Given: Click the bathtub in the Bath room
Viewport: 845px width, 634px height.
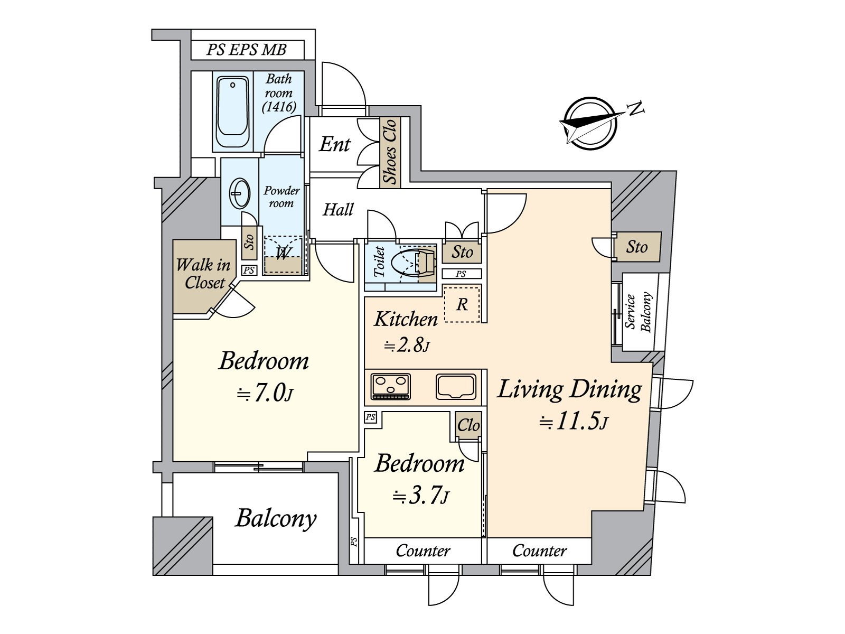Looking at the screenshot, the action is [x=232, y=111].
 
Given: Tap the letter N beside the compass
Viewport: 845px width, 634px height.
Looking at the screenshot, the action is [x=636, y=109].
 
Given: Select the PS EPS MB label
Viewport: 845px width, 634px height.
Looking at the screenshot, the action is [x=247, y=50].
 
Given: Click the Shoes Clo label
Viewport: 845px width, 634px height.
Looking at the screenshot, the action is [x=390, y=152].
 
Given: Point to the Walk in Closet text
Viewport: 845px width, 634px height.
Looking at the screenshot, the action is [x=204, y=274].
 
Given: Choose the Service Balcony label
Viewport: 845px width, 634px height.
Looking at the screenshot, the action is [x=639, y=312].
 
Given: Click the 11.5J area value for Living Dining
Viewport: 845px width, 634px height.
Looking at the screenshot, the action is [x=574, y=422].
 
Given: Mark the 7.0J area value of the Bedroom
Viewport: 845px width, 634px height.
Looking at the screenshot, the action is [x=266, y=393].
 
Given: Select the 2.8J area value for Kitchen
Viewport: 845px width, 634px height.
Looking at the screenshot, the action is [x=407, y=345].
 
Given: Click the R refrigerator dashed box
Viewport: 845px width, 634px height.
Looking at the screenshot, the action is [x=462, y=304].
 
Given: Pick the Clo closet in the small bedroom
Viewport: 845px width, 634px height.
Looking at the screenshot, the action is [x=468, y=425].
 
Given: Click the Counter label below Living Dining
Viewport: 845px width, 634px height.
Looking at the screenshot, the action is [x=539, y=551].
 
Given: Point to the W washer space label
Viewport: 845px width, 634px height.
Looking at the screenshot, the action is [x=283, y=254].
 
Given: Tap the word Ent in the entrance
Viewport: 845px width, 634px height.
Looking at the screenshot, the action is [x=334, y=144].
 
